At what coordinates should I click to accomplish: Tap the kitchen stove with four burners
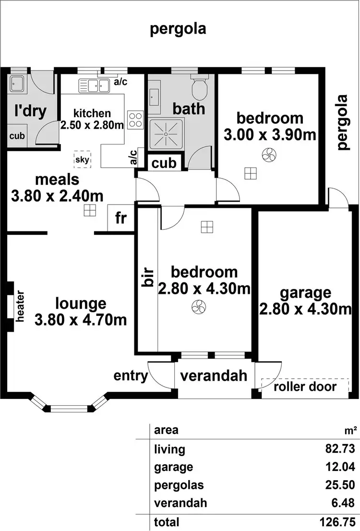pyautogui.click(x=135, y=119)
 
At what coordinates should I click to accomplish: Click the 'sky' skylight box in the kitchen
pyautogui.click(x=83, y=159)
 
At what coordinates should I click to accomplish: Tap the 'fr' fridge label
pyautogui.click(x=120, y=218)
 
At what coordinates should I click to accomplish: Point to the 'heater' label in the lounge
pyautogui.click(x=20, y=306)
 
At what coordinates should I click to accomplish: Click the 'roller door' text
pyautogui.click(x=305, y=386)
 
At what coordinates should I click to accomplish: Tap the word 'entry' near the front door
pyautogui.click(x=131, y=375)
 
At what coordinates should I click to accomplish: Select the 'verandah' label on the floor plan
pyautogui.click(x=214, y=375)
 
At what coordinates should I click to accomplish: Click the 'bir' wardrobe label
pyautogui.click(x=147, y=278)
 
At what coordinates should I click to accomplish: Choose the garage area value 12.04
pyautogui.click(x=341, y=467)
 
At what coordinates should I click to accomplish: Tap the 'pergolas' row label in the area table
pyautogui.click(x=172, y=485)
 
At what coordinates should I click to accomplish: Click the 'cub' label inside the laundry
pyautogui.click(x=17, y=136)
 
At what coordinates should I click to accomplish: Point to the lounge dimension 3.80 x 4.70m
pyautogui.click(x=81, y=319)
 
